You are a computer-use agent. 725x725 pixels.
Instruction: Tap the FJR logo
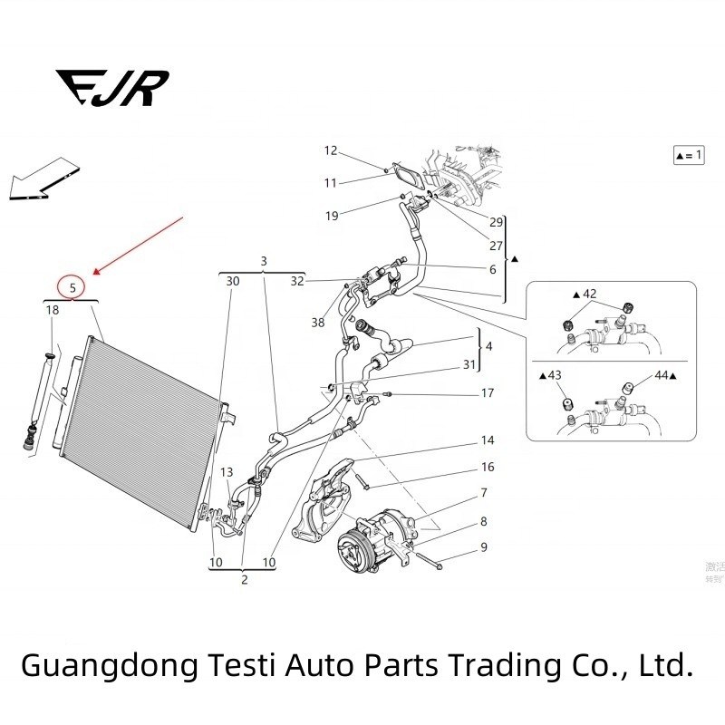pyautogui.click(x=107, y=87)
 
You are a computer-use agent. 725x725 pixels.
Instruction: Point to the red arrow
pyautogui.click(x=137, y=243)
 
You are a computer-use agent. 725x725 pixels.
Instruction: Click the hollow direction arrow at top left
pyautogui.click(x=40, y=178)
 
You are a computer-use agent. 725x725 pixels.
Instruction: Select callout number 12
pyautogui.click(x=331, y=150)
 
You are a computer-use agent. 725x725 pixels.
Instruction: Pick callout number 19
pyautogui.click(x=332, y=216)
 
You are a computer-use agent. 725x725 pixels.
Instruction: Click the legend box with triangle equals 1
pyautogui.click(x=688, y=156)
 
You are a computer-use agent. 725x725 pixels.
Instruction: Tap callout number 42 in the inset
pyautogui.click(x=589, y=294)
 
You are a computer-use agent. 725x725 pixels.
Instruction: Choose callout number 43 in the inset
pyautogui.click(x=555, y=375)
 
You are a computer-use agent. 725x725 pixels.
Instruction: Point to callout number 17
pyautogui.click(x=488, y=393)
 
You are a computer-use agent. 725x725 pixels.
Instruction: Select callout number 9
pyautogui.click(x=484, y=546)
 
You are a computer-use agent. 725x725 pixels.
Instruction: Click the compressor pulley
pyautogui.click(x=351, y=549)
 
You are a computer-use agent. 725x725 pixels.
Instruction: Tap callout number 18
pyautogui.click(x=53, y=310)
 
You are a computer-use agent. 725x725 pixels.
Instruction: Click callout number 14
pyautogui.click(x=488, y=441)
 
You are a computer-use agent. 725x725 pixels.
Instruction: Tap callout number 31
pyautogui.click(x=469, y=366)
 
